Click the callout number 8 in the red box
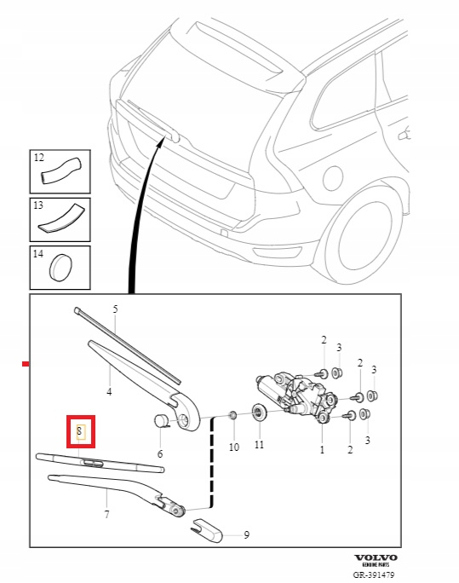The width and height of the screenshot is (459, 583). click(x=79, y=431)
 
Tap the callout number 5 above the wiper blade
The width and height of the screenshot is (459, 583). click(x=115, y=309)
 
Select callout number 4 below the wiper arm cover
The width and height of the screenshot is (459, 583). click(x=109, y=391)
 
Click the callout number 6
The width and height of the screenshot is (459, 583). click(x=160, y=453)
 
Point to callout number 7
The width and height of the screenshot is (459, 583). click(x=107, y=514)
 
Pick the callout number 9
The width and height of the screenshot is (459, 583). click(x=247, y=535)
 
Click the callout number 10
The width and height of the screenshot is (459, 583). click(x=234, y=447)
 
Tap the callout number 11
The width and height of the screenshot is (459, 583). click(x=259, y=444)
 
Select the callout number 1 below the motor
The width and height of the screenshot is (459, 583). click(x=322, y=449)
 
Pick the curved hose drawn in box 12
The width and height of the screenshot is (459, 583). click(x=61, y=170)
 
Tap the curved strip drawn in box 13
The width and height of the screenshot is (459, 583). click(x=62, y=218)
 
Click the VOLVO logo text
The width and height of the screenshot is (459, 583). click(x=376, y=557)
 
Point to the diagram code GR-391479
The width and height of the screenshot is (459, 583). click(x=374, y=575)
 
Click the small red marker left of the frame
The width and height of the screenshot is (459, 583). click(x=26, y=364)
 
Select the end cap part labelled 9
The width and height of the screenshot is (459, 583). click(x=206, y=530)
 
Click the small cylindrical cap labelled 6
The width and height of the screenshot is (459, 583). click(x=161, y=420)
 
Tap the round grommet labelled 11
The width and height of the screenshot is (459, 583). click(x=259, y=413)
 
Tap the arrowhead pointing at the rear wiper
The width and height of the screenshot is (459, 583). click(x=160, y=141)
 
